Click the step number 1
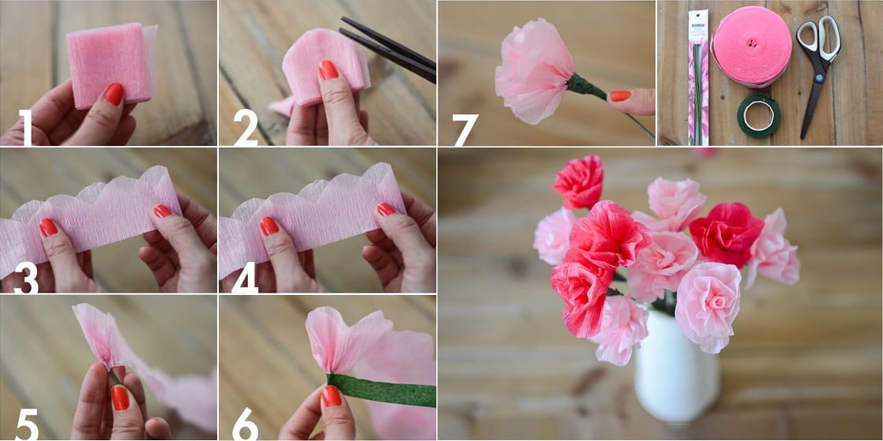pyautogui.click(x=27, y=128)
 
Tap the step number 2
pyautogui.click(x=245, y=128)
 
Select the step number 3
pyautogui.click(x=25, y=278)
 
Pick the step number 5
pyautogui.click(x=26, y=424)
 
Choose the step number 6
pyautogui.click(x=245, y=424)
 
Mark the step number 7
pyautogui.click(x=464, y=129)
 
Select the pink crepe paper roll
pyautogui.click(x=751, y=46)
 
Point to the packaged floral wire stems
pyautogui.click(x=698, y=79)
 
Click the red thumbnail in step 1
pyautogui.click(x=114, y=94)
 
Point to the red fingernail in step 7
pyautogui.click(x=621, y=95)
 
